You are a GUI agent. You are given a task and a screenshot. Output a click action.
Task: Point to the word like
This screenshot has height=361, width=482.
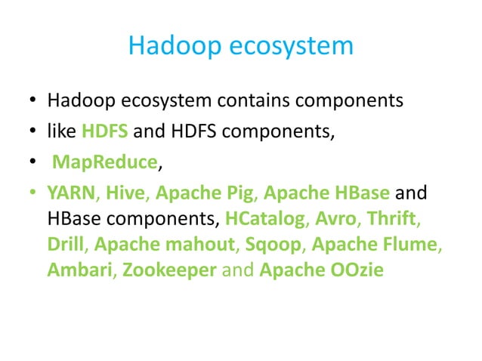(x=61, y=131)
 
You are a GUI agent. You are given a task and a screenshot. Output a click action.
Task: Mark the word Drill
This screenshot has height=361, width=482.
(x=65, y=245)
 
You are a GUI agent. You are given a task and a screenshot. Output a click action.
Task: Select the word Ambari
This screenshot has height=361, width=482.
(x=77, y=270)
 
